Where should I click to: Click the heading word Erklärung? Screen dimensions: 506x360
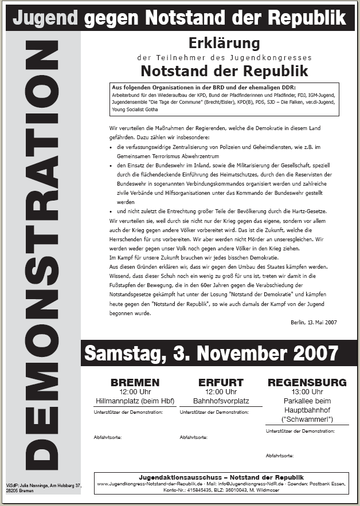click(224, 43)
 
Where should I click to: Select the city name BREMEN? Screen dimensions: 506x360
click(135, 382)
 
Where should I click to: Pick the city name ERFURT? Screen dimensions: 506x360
click(221, 382)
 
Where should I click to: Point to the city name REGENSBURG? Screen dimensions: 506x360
click(307, 382)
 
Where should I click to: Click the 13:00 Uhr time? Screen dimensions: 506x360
click(307, 392)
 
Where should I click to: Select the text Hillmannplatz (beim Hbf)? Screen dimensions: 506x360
click(135, 401)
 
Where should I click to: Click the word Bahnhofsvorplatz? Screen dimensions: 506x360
click(221, 401)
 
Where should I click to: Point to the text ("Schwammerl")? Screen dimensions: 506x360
click(307, 419)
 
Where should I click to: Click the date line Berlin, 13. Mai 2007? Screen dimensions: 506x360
click(314, 323)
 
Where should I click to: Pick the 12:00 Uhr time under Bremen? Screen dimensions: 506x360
click(135, 392)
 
